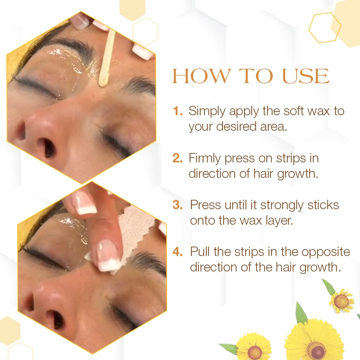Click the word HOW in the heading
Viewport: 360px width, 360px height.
coord(201,76)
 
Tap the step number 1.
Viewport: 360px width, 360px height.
coord(177,111)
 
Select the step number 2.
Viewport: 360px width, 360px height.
coord(177,158)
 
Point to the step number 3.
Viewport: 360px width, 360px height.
coord(177,205)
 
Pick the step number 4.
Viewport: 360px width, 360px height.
coord(178,252)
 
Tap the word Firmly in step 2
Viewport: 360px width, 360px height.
coord(204,159)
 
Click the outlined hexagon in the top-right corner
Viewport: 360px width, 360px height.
coord(324,28)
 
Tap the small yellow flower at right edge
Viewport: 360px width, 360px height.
coord(341,301)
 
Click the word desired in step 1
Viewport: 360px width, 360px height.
coord(236,126)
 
